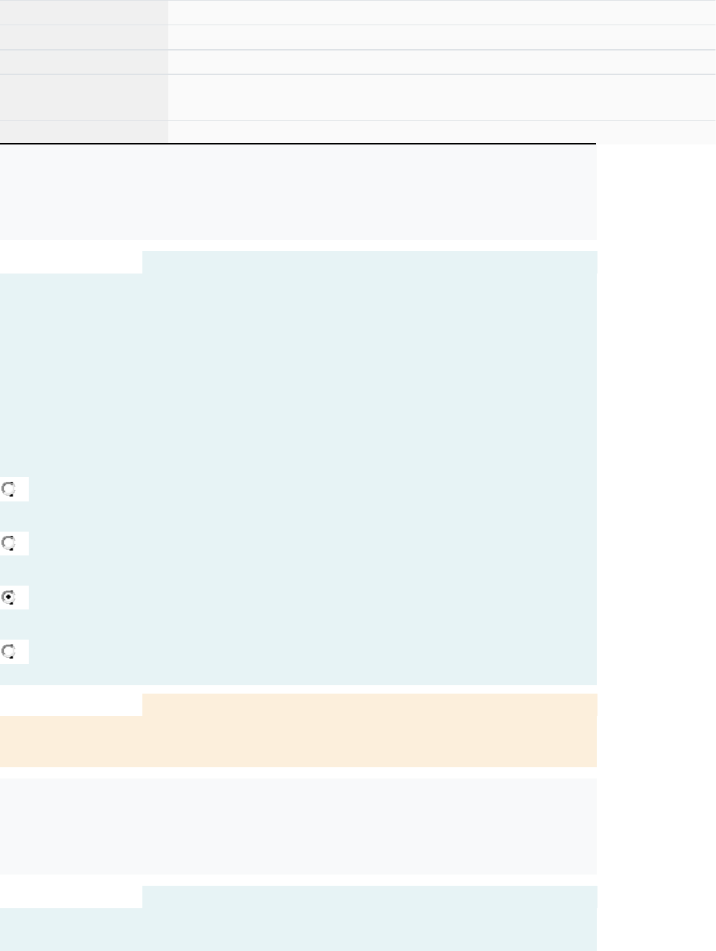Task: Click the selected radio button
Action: (x=9, y=598)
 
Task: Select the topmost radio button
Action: (x=9, y=489)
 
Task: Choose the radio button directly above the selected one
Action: (x=9, y=544)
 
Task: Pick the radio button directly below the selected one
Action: (x=9, y=652)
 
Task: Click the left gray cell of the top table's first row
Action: (x=83, y=13)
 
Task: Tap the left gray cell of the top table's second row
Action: (x=83, y=37)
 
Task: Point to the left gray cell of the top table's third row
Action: (x=83, y=62)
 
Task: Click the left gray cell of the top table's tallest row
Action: (x=83, y=97)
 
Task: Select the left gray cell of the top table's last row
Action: (x=83, y=132)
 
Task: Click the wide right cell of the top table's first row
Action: (x=442, y=13)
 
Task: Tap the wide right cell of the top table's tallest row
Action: (x=442, y=97)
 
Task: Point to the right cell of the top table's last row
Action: (x=442, y=132)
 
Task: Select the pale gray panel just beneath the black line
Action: (x=298, y=192)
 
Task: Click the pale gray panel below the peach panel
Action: (x=298, y=826)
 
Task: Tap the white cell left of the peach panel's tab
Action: (x=71, y=705)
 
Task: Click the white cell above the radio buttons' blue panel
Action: (x=71, y=262)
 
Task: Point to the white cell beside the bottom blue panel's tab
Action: (x=71, y=897)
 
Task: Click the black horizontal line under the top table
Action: (x=298, y=144)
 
